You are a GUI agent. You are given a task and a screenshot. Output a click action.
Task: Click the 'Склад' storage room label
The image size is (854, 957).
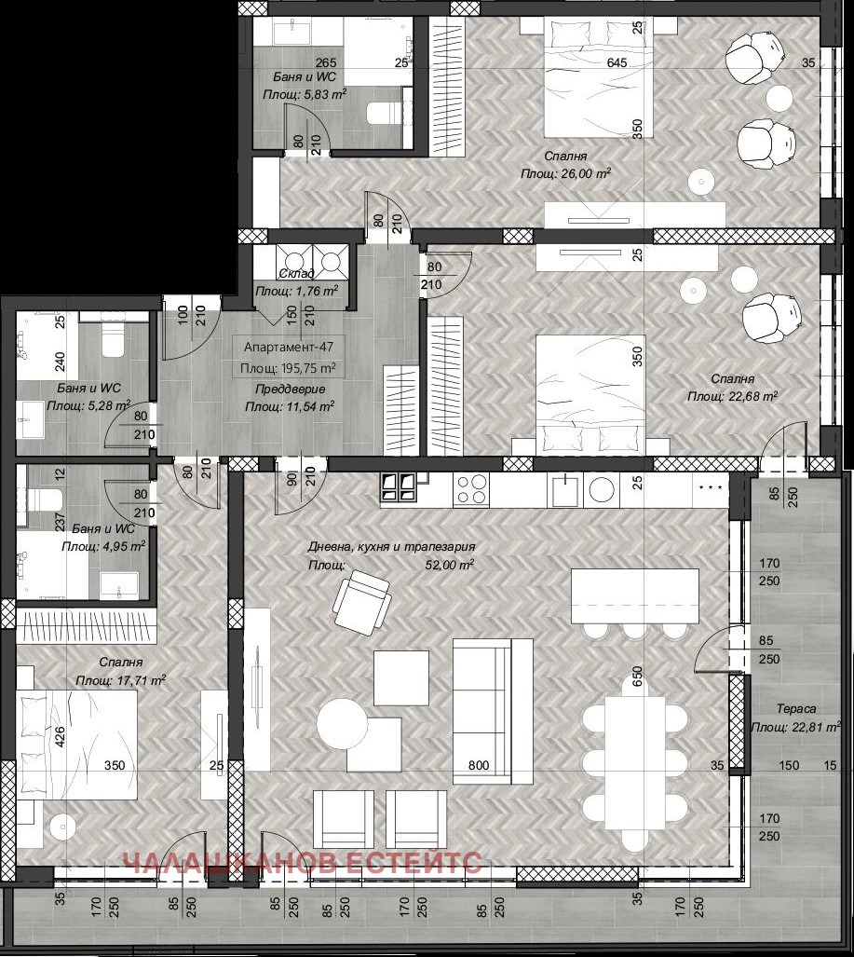(296, 273)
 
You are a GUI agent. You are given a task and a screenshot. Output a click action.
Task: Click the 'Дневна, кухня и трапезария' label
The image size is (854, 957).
(392, 548)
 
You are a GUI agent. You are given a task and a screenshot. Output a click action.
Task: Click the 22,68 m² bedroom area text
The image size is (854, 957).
(754, 396)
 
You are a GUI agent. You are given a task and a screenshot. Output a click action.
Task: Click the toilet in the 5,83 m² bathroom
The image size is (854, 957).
(383, 114)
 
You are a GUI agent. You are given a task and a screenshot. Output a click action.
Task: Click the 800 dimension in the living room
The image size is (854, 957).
(479, 765)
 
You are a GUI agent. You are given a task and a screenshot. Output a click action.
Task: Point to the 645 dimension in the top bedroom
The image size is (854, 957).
(590, 63)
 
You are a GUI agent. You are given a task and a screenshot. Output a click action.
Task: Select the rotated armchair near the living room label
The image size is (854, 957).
(361, 601)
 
